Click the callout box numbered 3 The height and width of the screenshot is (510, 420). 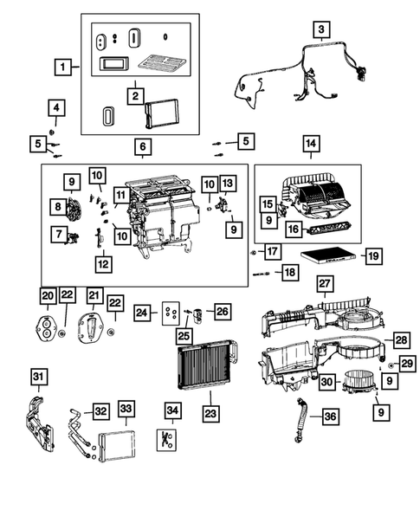pyautogui.click(x=321, y=31)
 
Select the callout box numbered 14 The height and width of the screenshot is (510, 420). pyautogui.click(x=310, y=144)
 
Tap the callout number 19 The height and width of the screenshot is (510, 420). pyautogui.click(x=372, y=255)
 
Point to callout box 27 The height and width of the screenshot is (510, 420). pyautogui.click(x=325, y=284)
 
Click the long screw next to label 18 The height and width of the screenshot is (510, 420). pyautogui.click(x=260, y=274)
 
